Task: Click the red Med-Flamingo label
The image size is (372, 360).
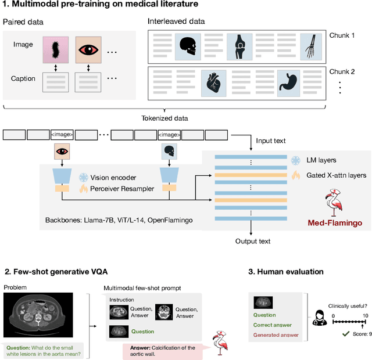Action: pos(334,222)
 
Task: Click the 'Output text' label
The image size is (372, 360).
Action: pos(253,241)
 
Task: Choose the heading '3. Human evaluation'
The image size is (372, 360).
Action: pos(286,271)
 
